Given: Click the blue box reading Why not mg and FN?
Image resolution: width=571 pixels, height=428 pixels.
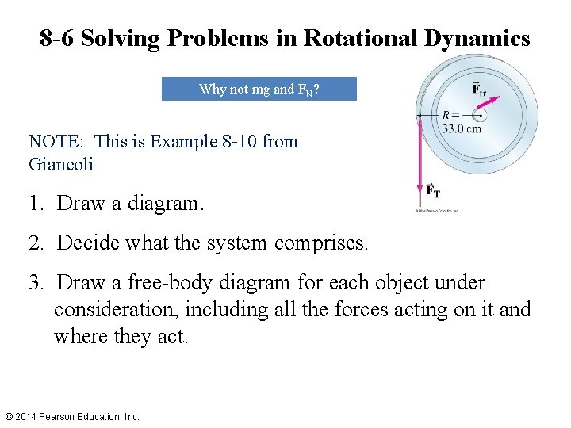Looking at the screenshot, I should [x=259, y=89].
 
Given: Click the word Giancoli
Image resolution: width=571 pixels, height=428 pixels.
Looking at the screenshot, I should [x=61, y=165].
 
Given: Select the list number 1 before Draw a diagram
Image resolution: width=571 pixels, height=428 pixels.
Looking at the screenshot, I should [x=35, y=203].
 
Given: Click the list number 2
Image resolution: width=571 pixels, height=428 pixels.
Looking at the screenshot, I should [x=35, y=243].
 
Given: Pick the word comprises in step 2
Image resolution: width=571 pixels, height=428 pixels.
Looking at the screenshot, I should [x=321, y=243].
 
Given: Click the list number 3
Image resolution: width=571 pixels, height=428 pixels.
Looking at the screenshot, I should [x=35, y=283].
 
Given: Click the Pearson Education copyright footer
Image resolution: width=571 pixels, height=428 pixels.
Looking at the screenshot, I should [x=71, y=416].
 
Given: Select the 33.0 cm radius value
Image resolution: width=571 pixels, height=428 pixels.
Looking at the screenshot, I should [x=461, y=129].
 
